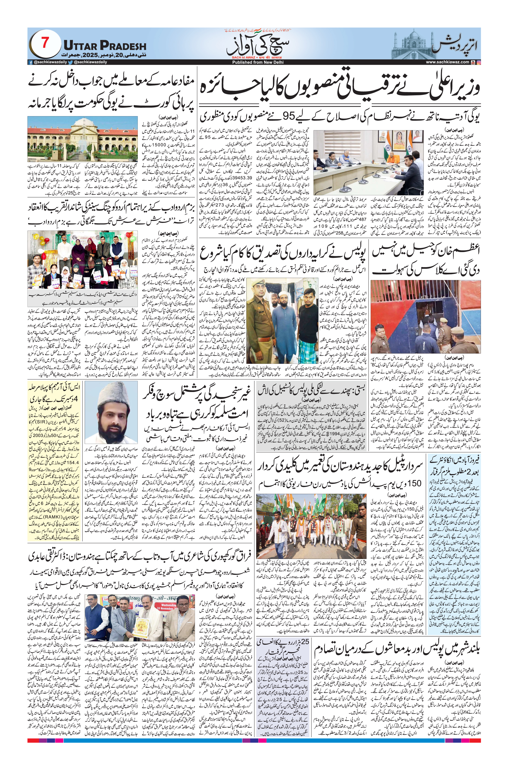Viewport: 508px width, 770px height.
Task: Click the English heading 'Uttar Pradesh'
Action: (x=105, y=45)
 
